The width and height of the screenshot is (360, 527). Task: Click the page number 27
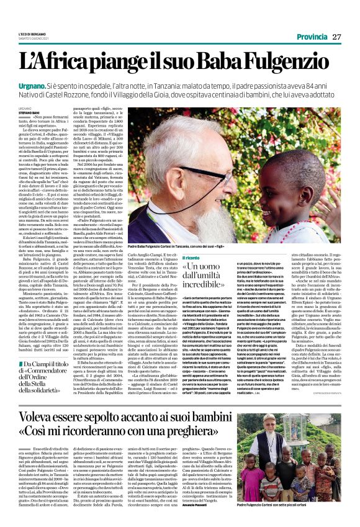point(337,37)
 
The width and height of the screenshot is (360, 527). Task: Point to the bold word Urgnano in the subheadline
point(50,83)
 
